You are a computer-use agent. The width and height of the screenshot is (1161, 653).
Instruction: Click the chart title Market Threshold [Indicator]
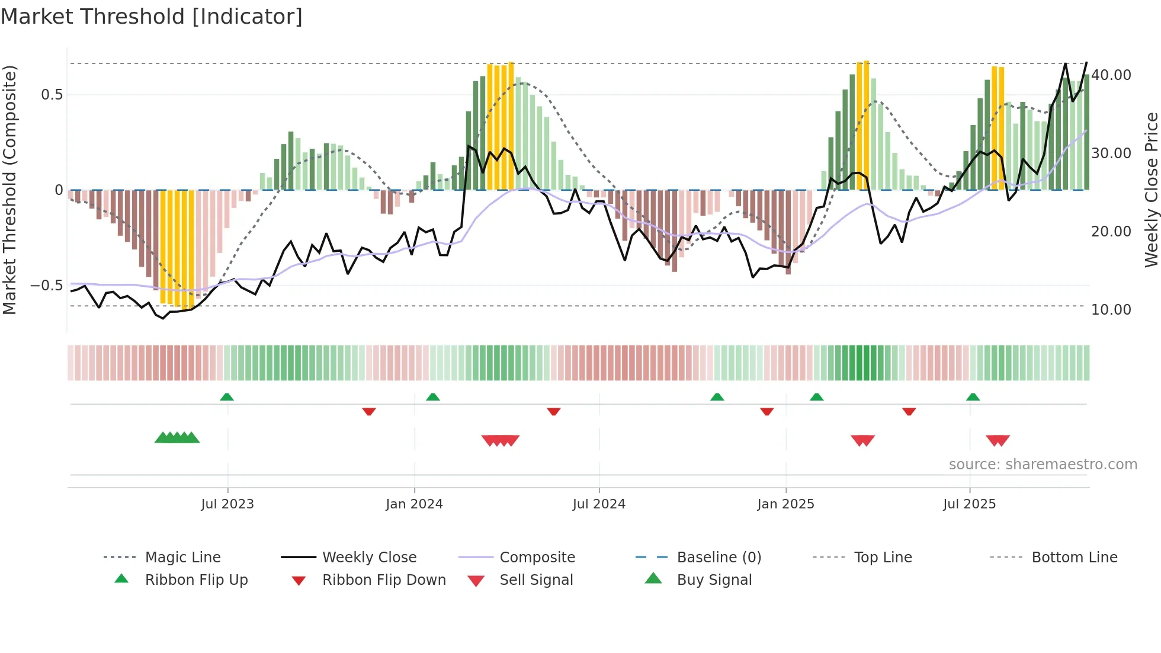point(152,17)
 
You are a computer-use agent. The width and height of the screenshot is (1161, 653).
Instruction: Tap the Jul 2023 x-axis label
point(227,504)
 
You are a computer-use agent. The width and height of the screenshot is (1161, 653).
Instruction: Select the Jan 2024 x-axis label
point(414,504)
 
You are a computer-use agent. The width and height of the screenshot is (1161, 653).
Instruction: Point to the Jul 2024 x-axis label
point(599,504)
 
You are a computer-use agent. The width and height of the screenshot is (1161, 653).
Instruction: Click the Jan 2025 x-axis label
point(785,504)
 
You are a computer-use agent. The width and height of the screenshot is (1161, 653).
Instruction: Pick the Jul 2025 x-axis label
point(969,504)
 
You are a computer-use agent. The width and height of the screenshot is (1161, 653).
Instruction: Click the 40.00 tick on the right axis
point(1111,75)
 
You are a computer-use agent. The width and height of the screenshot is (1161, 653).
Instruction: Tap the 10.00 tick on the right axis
point(1111,310)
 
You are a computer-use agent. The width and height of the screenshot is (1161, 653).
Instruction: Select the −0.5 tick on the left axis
point(47,286)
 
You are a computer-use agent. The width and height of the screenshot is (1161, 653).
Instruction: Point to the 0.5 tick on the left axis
point(52,95)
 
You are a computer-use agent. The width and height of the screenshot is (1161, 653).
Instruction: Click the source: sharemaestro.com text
point(1043,465)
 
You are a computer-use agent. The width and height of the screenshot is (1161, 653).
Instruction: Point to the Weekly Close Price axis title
point(1151,190)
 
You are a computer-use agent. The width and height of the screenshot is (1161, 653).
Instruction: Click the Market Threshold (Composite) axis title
point(9,190)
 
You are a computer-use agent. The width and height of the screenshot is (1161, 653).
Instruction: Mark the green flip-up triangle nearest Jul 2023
point(227,397)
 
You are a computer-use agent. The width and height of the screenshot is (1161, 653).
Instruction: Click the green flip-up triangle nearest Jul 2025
point(973,397)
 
